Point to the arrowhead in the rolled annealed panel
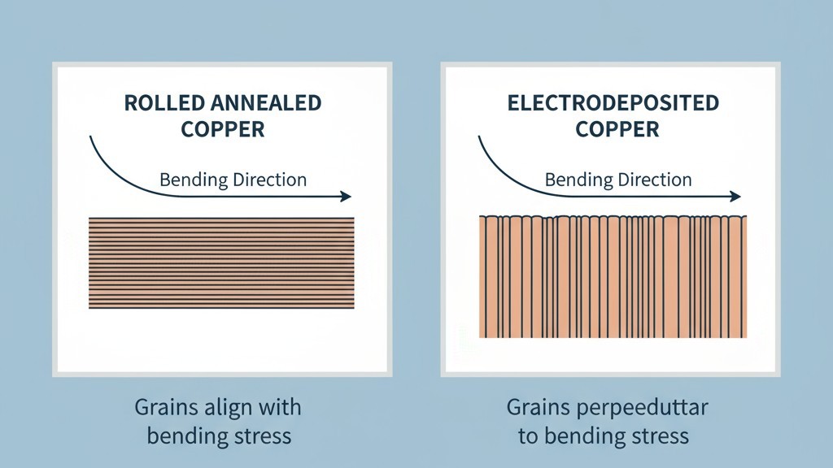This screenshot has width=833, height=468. [x=347, y=196]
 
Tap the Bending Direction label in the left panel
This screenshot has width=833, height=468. [x=233, y=180]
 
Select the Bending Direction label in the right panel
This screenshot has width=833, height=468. [x=618, y=180]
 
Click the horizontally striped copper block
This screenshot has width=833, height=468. [x=220, y=262]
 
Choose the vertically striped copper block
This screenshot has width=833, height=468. [x=613, y=276]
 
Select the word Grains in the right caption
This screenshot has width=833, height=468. [x=538, y=406]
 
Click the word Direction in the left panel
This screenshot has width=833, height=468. [x=269, y=180]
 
